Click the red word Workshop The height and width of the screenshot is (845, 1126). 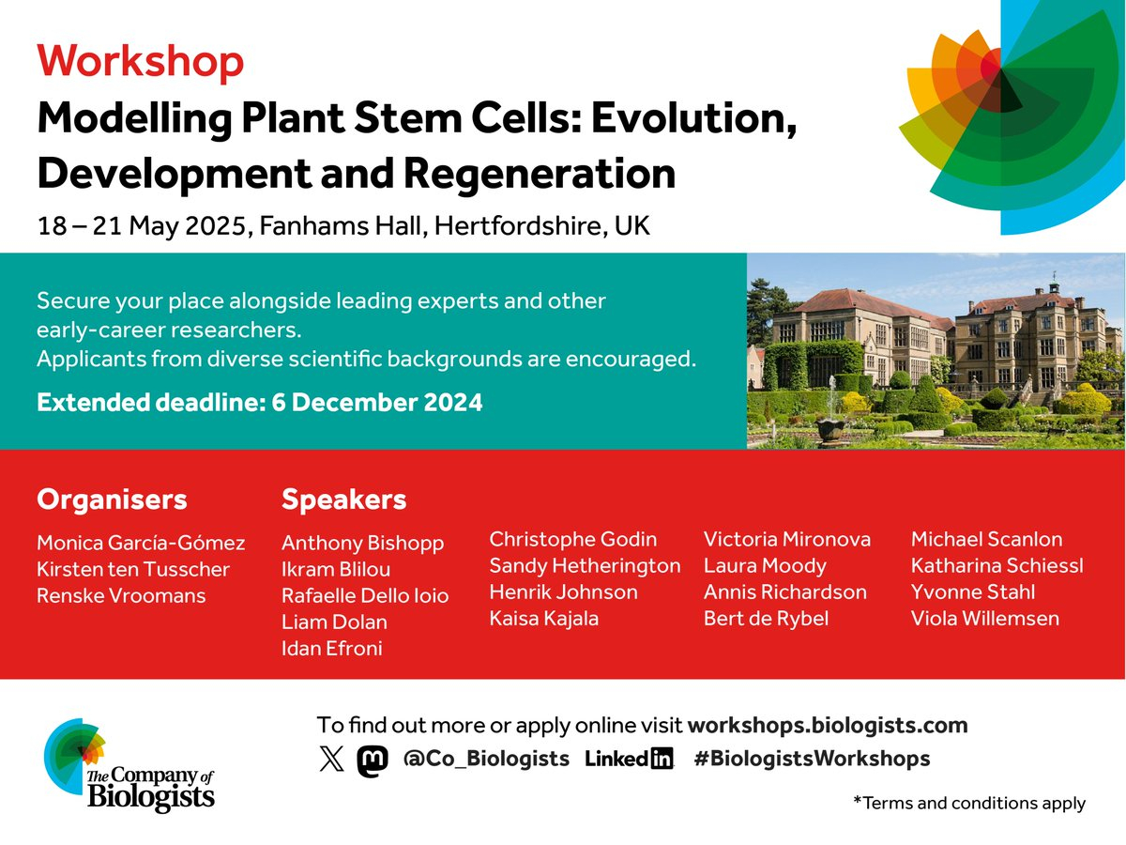(x=140, y=62)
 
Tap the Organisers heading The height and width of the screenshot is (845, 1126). (x=112, y=499)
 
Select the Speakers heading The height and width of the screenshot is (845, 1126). (x=343, y=499)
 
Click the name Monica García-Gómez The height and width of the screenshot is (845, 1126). (x=141, y=543)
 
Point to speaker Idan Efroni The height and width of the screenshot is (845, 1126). (x=332, y=649)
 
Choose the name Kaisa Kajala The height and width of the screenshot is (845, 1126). (x=543, y=619)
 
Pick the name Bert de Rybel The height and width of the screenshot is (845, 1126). (x=766, y=619)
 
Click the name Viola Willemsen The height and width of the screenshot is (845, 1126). (x=985, y=618)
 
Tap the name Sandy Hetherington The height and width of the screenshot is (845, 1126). (x=585, y=566)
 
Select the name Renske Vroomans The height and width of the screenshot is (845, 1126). (x=121, y=595)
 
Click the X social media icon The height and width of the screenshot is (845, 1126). (x=332, y=759)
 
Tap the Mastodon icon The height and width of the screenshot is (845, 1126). (x=373, y=760)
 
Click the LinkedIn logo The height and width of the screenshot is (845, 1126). (x=629, y=759)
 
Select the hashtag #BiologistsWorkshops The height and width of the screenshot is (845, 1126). (x=812, y=759)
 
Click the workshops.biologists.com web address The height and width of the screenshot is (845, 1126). (x=828, y=726)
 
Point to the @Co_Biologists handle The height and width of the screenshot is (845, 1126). (x=486, y=759)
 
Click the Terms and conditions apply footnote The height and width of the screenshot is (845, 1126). (x=969, y=803)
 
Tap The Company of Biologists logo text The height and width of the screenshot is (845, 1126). (x=150, y=788)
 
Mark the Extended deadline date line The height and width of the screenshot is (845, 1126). (x=260, y=402)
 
